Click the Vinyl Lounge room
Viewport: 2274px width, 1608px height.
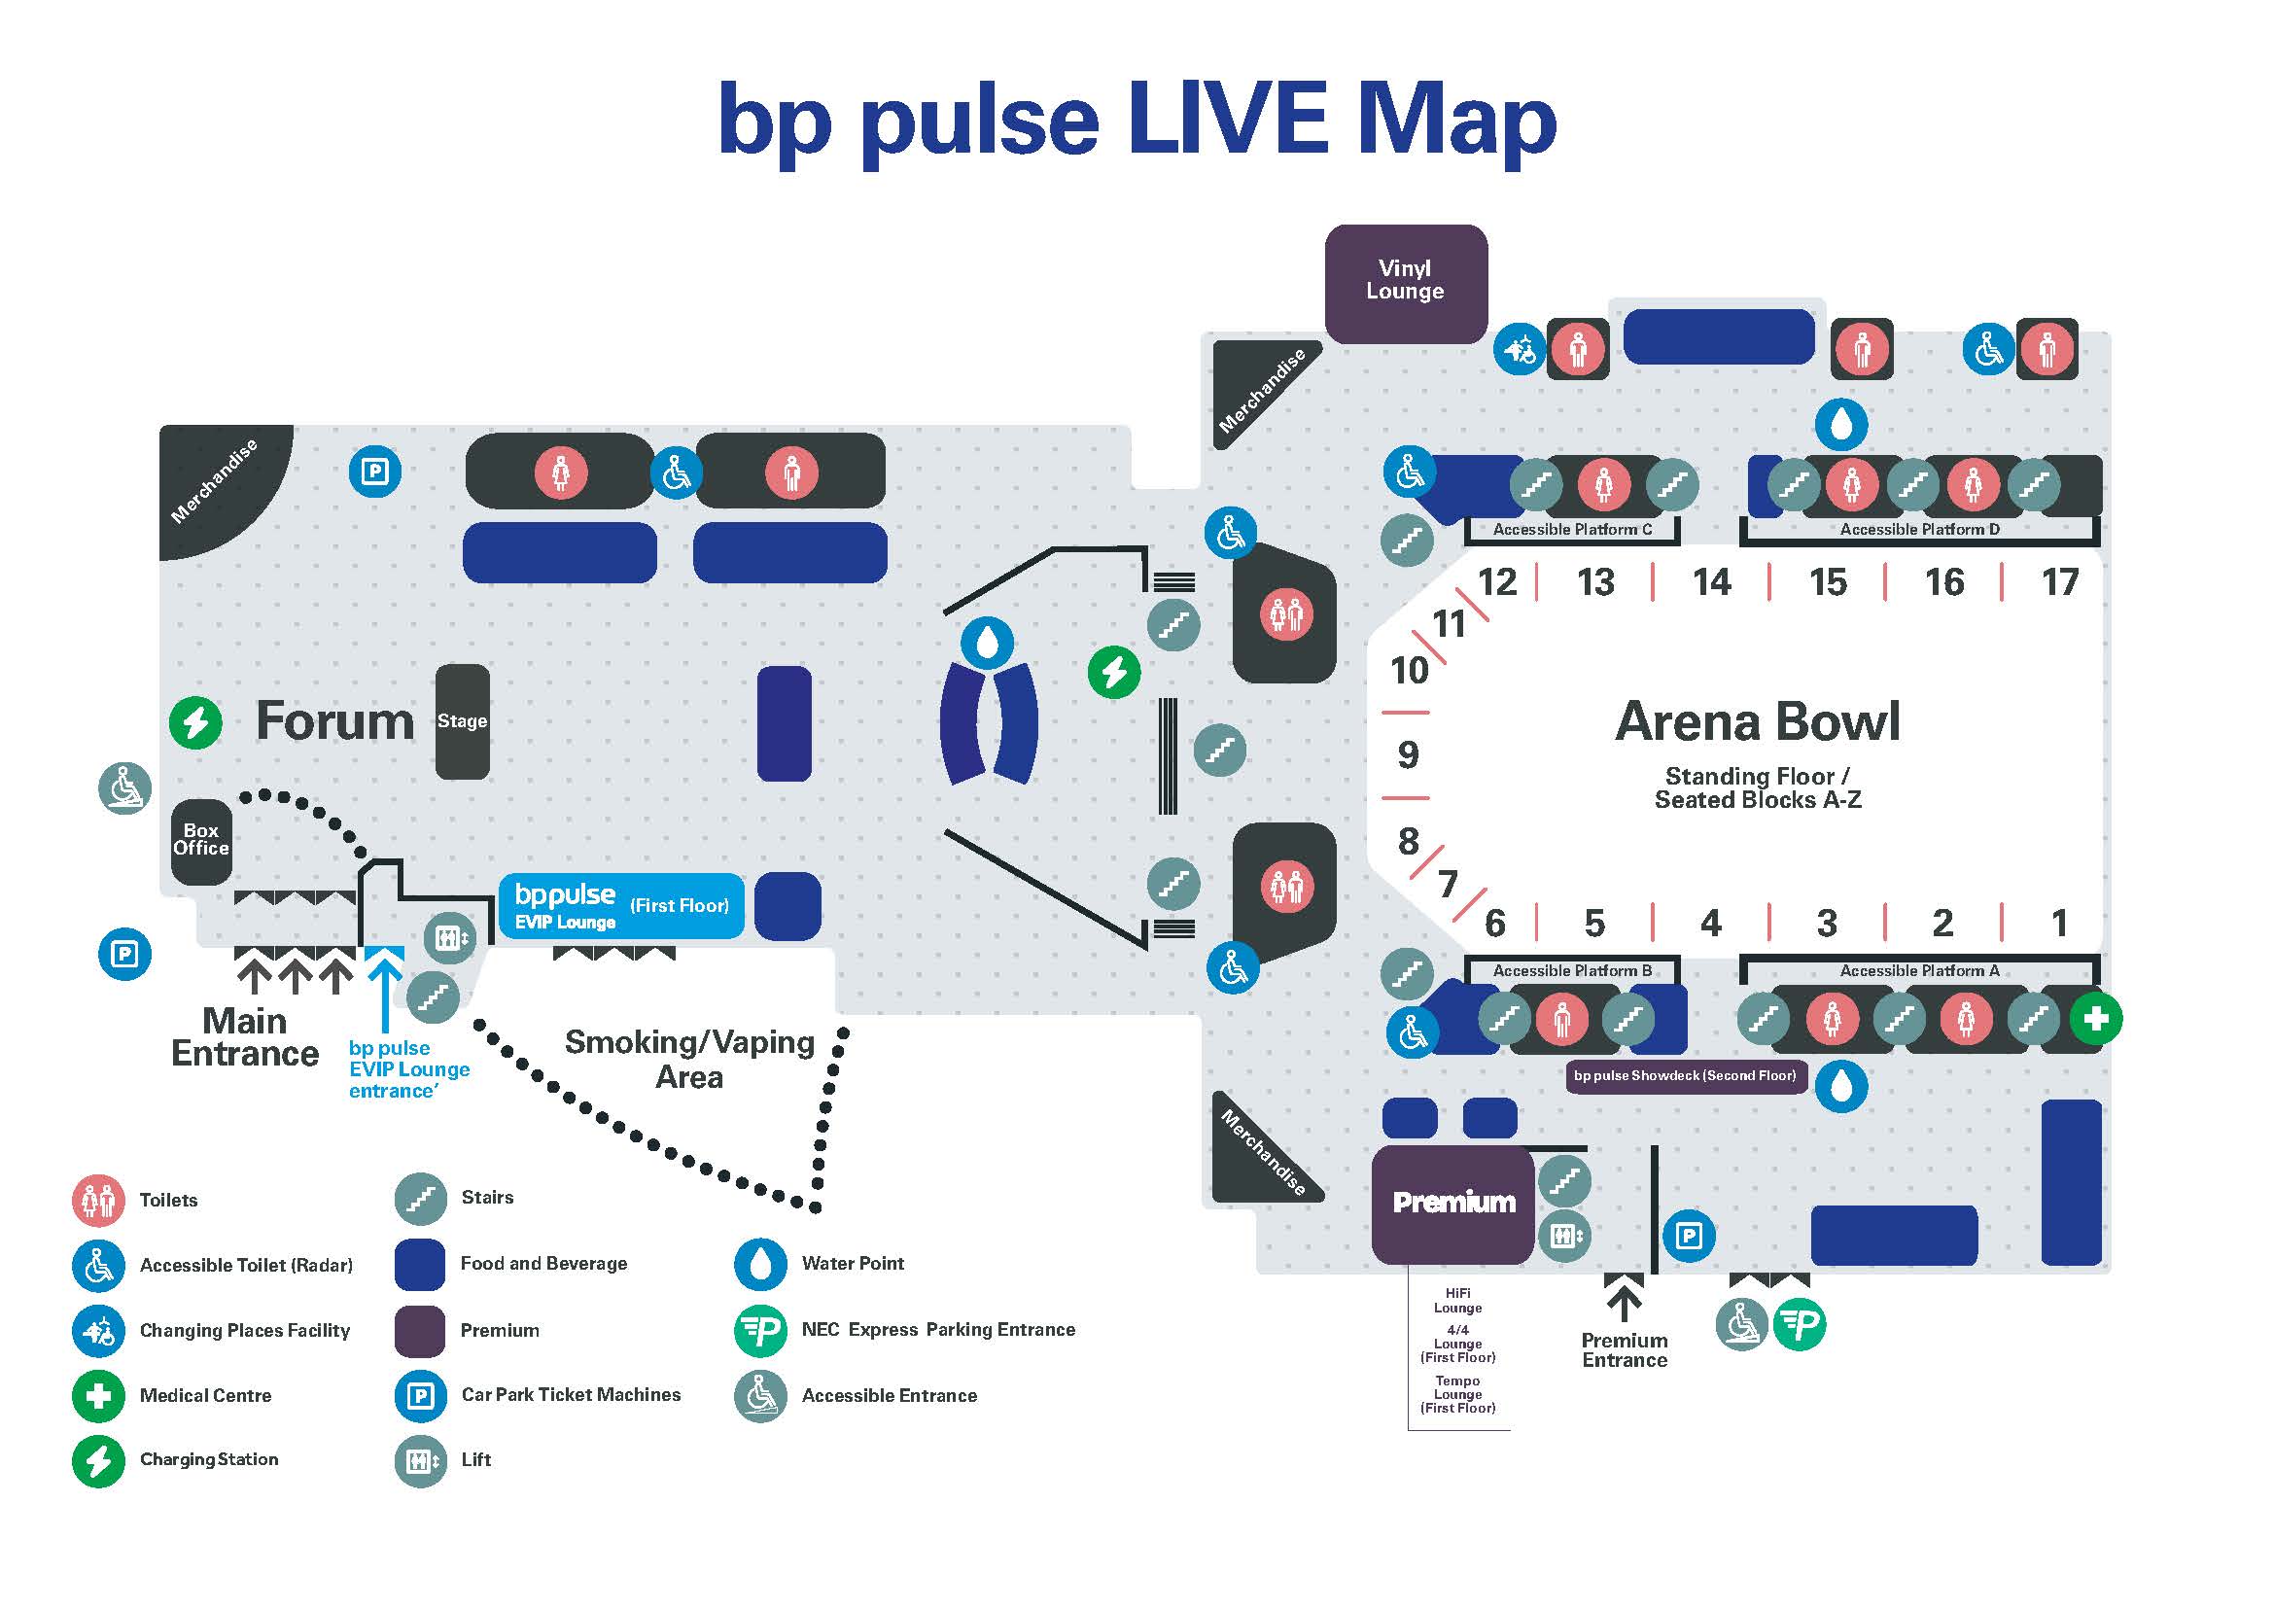tap(1406, 284)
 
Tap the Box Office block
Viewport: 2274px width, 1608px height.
tap(201, 841)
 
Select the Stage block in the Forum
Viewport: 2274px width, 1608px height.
tap(463, 720)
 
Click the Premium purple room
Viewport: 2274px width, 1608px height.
tap(1452, 1203)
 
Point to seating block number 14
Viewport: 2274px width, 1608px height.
tap(1711, 582)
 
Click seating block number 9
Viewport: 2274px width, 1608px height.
tap(1408, 755)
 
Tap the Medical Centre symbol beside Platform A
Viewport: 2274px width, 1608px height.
tap(2096, 1018)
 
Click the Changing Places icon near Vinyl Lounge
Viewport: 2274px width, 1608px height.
tap(1520, 349)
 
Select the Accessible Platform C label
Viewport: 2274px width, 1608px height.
tap(1572, 530)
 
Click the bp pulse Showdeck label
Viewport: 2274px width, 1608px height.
tap(1685, 1075)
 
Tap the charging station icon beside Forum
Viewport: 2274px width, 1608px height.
tap(195, 722)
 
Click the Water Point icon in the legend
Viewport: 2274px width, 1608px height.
tap(760, 1264)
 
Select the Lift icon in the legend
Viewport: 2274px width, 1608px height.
tap(421, 1460)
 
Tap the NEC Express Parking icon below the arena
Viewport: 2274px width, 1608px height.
tap(1799, 1325)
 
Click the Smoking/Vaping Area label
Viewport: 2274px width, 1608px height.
tap(690, 1060)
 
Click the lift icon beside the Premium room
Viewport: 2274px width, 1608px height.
tap(1565, 1236)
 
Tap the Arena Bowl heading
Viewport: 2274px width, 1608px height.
tap(1758, 720)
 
